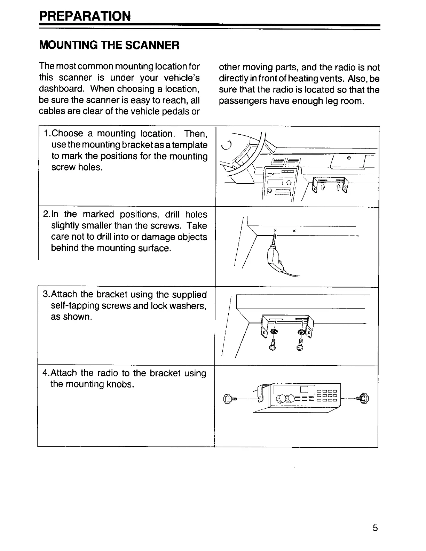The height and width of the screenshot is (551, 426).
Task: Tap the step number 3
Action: click(45, 294)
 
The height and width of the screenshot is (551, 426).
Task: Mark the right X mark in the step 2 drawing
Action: click(294, 231)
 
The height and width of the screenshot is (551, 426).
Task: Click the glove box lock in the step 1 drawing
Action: click(348, 158)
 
